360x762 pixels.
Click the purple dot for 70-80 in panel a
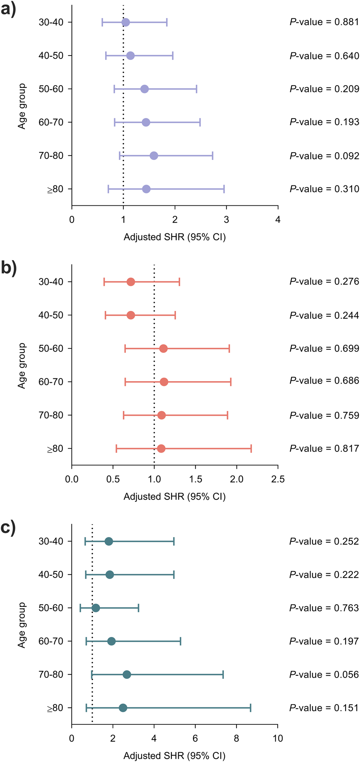coord(154,155)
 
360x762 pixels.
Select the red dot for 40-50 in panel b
coord(131,315)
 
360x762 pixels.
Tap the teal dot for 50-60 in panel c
coord(95,608)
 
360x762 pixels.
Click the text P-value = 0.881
coord(324,22)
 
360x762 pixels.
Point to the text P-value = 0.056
coord(324,675)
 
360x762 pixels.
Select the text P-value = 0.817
coord(324,449)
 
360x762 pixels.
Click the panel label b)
coord(9,268)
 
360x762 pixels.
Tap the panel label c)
coord(9,528)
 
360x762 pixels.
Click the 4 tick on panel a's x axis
coord(278,220)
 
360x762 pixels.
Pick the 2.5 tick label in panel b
coord(278,479)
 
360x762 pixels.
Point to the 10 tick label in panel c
coord(277,738)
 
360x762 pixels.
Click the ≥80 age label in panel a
coord(56,189)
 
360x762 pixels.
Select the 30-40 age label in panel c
coord(51,541)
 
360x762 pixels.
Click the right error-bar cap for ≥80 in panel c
coord(251,708)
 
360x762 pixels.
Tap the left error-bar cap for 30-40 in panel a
coord(102,22)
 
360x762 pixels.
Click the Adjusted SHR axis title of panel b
coord(175,497)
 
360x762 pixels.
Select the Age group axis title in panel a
coord(22,106)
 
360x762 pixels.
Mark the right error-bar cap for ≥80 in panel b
coord(251,449)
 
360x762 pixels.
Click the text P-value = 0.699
coord(324,349)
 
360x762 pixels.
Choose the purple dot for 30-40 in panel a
coord(125,22)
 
